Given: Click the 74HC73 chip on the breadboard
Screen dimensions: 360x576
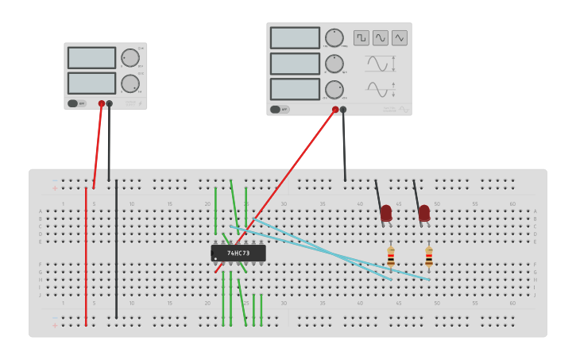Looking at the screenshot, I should [x=238, y=253].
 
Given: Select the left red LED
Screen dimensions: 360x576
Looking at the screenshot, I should [x=386, y=213].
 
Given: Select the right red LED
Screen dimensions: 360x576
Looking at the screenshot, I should [x=424, y=213].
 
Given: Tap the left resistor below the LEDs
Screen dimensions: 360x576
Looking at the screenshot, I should [x=390, y=257].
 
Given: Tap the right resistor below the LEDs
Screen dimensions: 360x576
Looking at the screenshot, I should [x=429, y=257].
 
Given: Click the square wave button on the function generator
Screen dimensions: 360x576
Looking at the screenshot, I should [x=361, y=37].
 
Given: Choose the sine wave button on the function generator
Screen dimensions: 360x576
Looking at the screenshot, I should [x=381, y=37].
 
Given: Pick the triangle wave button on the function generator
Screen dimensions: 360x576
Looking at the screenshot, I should [x=400, y=37].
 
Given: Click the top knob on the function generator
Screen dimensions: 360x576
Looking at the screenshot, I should [x=334, y=37].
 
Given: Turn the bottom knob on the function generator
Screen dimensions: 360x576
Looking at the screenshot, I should [x=334, y=89].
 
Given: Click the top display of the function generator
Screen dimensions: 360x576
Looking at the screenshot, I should [x=295, y=38].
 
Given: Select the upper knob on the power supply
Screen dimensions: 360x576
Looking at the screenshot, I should [x=130, y=57].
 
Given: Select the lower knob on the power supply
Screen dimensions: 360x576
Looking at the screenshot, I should [x=130, y=83].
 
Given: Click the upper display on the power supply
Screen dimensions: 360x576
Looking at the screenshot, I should [x=91, y=57].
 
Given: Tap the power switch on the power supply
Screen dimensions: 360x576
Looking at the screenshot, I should [x=73, y=103].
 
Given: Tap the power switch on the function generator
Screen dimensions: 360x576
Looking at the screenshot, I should [x=276, y=110].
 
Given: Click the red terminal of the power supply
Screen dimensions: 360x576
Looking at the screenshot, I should [x=102, y=103].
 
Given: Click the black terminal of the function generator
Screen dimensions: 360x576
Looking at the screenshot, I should [x=343, y=110].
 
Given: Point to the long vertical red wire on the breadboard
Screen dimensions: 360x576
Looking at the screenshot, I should [x=86, y=254].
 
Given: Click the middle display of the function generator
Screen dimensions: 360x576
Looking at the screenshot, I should [x=295, y=64].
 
